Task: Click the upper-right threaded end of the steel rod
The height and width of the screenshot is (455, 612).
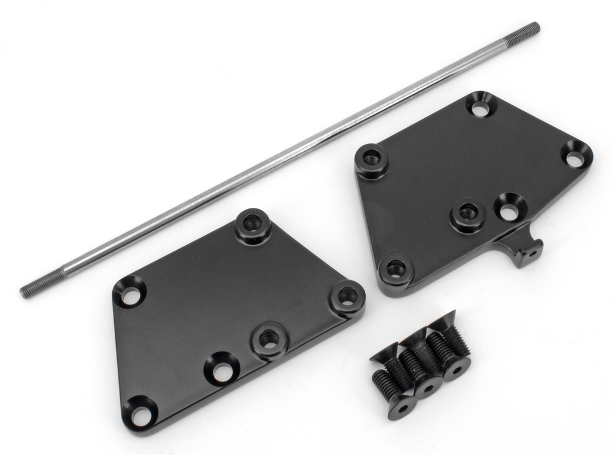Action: (524, 33)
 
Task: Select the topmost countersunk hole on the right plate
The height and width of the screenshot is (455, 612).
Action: (481, 109)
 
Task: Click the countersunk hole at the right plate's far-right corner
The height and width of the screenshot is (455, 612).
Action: (574, 159)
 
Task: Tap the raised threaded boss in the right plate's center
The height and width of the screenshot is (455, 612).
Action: (467, 212)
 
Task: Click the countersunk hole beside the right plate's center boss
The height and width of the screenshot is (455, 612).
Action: (509, 211)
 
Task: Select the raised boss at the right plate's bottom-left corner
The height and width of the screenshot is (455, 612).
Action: (395, 270)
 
